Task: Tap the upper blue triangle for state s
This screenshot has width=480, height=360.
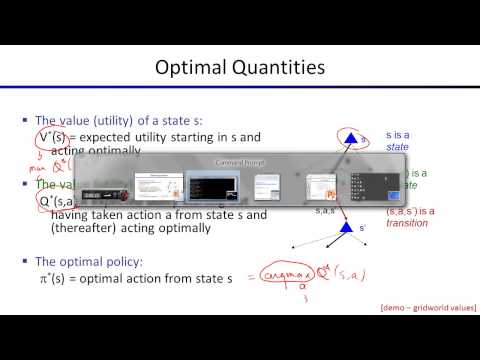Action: click(x=351, y=137)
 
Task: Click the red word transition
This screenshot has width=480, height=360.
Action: click(x=407, y=223)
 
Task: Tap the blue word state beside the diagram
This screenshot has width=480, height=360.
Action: click(x=398, y=146)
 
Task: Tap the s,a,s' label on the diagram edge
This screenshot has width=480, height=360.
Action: click(x=324, y=211)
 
